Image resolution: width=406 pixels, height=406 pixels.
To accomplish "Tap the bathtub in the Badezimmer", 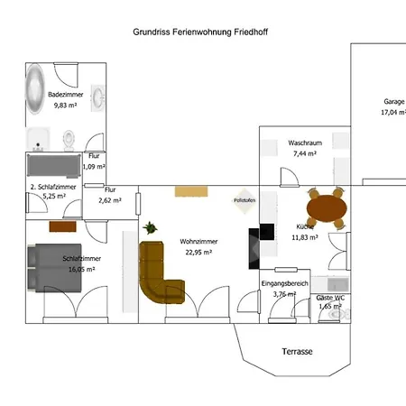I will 35,88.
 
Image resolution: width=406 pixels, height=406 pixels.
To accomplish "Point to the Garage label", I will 393,102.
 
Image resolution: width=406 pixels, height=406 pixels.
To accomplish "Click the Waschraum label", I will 305,143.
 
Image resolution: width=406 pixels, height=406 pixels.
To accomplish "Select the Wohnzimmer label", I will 198,242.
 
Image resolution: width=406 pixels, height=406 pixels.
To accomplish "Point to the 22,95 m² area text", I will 198,253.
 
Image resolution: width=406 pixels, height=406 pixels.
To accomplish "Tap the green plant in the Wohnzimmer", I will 149,227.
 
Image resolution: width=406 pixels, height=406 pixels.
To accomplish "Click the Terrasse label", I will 296,351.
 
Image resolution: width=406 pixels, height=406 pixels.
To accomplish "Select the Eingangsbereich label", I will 284,283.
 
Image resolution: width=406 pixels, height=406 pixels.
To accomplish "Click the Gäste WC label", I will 330,297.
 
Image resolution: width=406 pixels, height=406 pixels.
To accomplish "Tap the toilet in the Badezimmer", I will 69,139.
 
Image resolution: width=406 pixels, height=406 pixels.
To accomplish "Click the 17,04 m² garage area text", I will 393,114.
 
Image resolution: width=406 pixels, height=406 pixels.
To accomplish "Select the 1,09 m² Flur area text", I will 94,167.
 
